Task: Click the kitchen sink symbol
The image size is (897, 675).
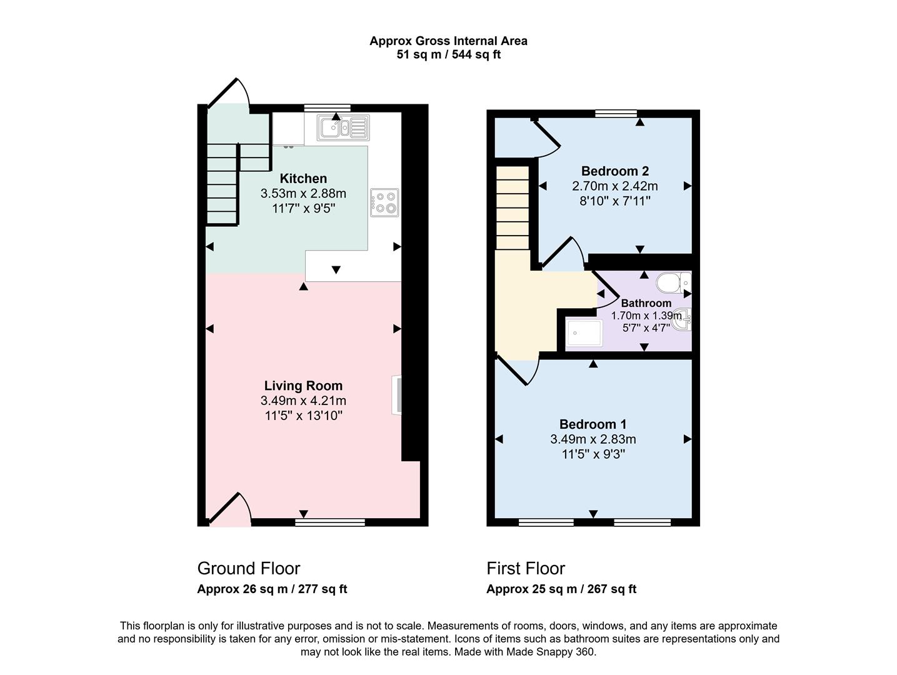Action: [x=343, y=128]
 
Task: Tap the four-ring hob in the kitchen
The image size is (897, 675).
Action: [x=384, y=202]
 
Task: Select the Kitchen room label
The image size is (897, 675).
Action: [x=303, y=179]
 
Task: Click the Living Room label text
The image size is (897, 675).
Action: [x=303, y=386]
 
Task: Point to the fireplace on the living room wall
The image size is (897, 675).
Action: [x=396, y=394]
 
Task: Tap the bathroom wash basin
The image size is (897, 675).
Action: [x=685, y=319]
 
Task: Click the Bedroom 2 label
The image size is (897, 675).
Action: [x=614, y=171]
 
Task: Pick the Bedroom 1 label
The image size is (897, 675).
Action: [x=593, y=424]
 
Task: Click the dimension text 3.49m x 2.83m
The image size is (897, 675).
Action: [x=593, y=439]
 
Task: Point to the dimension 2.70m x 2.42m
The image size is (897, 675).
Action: [x=614, y=186]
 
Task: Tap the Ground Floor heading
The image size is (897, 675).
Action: [x=249, y=568]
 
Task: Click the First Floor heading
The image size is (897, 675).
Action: [x=526, y=568]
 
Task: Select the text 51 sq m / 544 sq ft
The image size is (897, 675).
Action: [x=448, y=54]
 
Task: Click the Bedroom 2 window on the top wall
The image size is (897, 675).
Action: [x=616, y=114]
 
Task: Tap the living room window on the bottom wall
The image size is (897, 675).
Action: [x=330, y=522]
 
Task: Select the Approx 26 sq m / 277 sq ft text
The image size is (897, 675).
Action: [x=272, y=589]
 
